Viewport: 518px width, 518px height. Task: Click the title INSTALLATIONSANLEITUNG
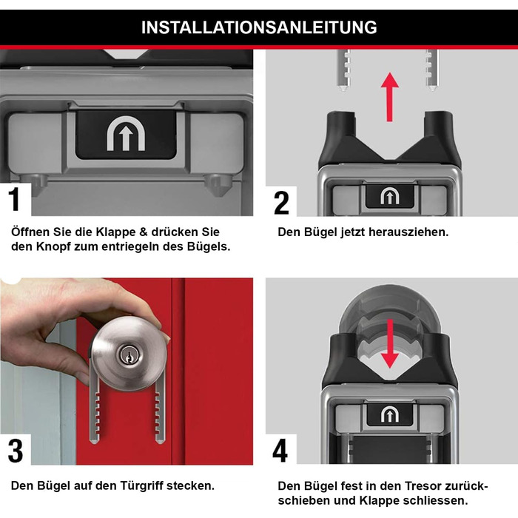pyautogui.click(x=259, y=28)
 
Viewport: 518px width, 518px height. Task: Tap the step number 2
pyautogui.click(x=281, y=202)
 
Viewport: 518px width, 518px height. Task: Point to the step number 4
pyautogui.click(x=280, y=451)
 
